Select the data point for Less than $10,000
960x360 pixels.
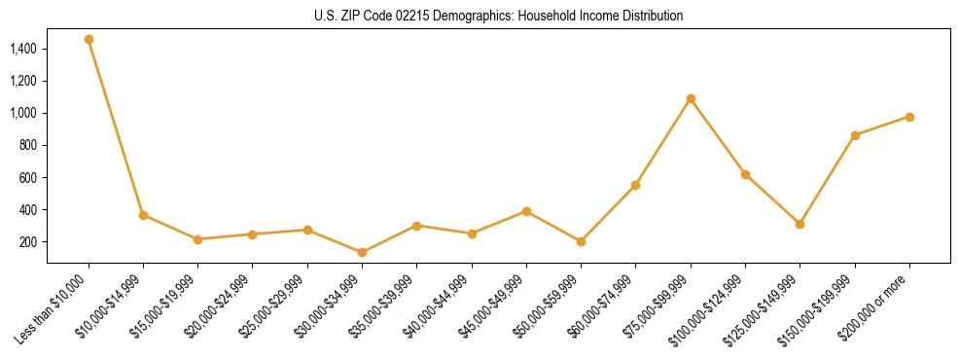click(89, 40)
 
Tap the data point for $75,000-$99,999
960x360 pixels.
click(691, 98)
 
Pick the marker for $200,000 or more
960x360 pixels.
click(909, 117)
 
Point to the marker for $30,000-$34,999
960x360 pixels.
click(362, 252)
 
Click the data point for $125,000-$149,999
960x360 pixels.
click(800, 224)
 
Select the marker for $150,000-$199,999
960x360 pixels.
click(855, 135)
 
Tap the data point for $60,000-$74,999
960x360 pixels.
click(635, 185)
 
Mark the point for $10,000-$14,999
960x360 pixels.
click(143, 215)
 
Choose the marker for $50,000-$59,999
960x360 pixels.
click(581, 241)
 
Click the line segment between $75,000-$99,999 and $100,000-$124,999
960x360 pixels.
click(718, 136)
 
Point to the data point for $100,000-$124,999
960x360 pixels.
click(745, 174)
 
